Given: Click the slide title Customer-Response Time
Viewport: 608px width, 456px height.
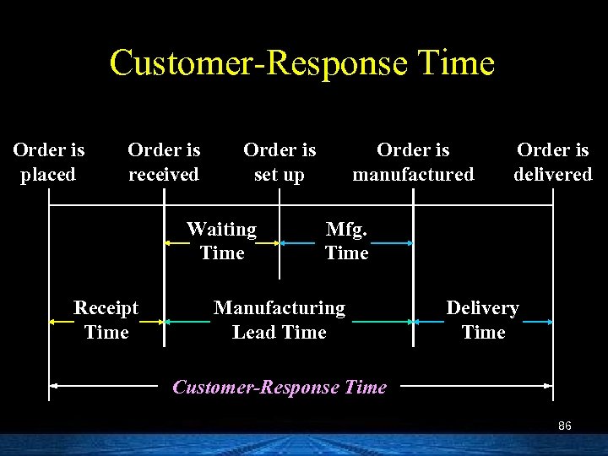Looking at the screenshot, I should tap(301, 63).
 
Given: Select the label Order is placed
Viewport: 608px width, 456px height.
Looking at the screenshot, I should tap(49, 162).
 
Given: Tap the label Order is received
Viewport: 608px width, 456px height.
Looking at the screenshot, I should tap(164, 162).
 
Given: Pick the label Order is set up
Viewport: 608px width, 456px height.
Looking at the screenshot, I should tap(280, 162).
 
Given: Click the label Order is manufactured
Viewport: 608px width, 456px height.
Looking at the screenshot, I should tap(413, 162).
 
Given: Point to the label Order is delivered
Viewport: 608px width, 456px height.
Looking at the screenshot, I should tap(553, 162).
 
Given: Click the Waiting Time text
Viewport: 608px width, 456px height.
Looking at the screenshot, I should tap(222, 241).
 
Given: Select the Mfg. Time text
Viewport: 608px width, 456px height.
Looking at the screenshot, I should tap(346, 241).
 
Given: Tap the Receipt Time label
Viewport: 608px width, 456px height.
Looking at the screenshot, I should tap(106, 320).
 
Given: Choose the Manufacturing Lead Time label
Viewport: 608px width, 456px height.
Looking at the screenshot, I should tap(280, 320).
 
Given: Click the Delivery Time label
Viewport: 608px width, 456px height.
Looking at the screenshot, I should tap(483, 320).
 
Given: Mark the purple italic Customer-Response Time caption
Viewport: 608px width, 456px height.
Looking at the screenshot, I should tap(280, 387).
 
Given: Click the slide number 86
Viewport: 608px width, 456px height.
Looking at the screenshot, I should tap(565, 426).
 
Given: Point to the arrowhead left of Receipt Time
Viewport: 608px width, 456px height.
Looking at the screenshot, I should tap(53, 322).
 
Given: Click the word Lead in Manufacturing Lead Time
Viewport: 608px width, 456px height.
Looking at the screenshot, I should tap(252, 333).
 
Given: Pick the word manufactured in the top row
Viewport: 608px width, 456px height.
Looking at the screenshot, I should tap(413, 175).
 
